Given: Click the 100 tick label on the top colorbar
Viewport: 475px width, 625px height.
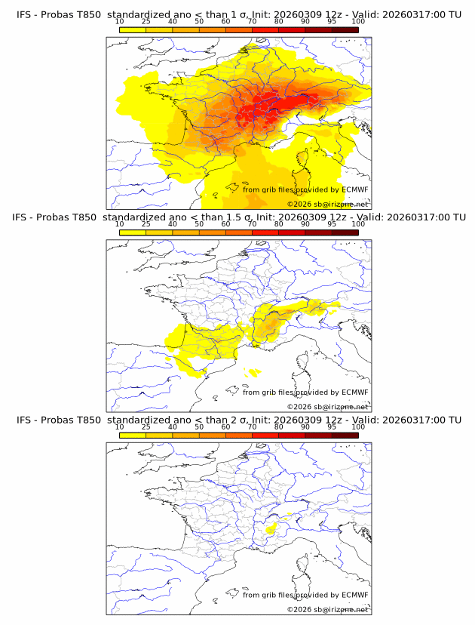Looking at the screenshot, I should point(358,21).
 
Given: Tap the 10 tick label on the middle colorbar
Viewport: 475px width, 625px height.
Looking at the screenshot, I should point(119,223).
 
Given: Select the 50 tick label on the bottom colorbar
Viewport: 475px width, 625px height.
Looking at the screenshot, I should point(199,426).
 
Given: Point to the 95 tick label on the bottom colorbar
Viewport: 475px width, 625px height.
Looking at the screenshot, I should point(332,426).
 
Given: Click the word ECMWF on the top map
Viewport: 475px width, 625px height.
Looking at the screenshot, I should point(354,189).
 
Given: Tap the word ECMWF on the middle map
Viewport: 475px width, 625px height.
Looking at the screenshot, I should point(354,392).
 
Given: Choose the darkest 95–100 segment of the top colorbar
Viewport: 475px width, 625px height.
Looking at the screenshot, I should point(345,29).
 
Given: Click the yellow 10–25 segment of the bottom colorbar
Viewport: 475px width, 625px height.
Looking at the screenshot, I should point(133,435).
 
